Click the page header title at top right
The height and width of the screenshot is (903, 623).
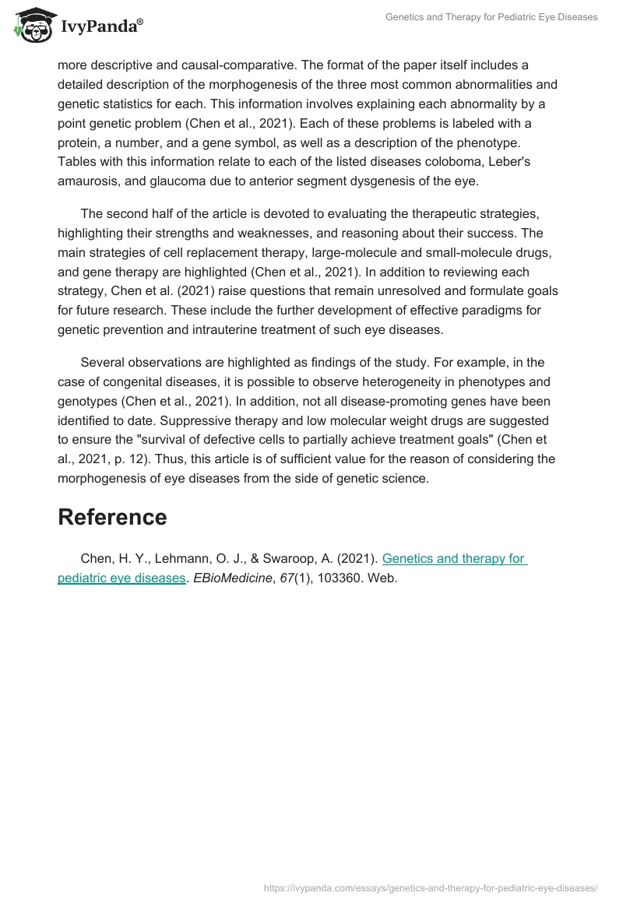(491, 17)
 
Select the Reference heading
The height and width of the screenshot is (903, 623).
(112, 518)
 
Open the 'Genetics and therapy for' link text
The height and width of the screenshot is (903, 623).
(454, 558)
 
